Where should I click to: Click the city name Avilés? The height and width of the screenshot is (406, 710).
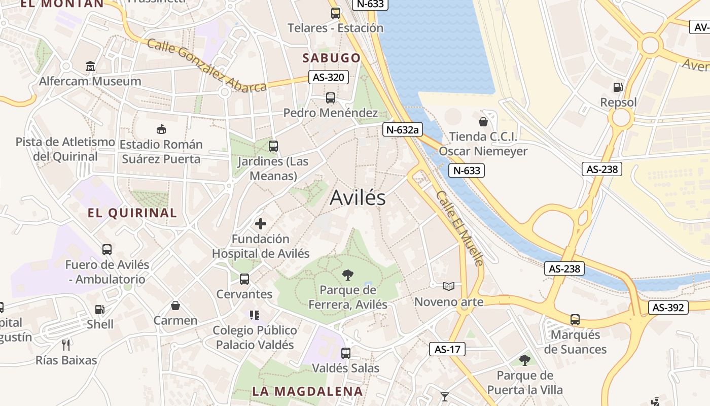358,198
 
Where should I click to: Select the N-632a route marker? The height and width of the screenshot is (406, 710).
402,129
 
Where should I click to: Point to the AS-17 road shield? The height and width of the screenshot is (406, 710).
447,349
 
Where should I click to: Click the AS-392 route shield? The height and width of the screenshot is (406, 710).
668,308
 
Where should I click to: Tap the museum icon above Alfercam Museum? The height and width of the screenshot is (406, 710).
90,66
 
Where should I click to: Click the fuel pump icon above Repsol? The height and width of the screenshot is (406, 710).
618,87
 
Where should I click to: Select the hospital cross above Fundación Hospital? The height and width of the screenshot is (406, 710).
261,224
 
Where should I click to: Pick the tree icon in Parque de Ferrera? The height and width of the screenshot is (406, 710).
348,275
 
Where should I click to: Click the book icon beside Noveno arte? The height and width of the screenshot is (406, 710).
449,287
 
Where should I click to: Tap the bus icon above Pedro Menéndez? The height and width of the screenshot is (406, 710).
331,98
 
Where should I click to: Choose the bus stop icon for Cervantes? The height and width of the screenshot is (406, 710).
244,279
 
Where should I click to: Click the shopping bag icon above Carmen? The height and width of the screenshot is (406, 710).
175,306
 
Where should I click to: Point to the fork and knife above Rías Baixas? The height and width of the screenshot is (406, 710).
66,345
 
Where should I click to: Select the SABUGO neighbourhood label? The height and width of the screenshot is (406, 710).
331,58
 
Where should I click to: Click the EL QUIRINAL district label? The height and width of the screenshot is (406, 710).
132,213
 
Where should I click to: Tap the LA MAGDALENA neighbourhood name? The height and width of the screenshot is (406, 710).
307,391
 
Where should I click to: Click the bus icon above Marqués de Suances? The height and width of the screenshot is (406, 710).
575,320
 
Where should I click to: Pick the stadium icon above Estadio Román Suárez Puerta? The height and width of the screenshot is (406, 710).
161,129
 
